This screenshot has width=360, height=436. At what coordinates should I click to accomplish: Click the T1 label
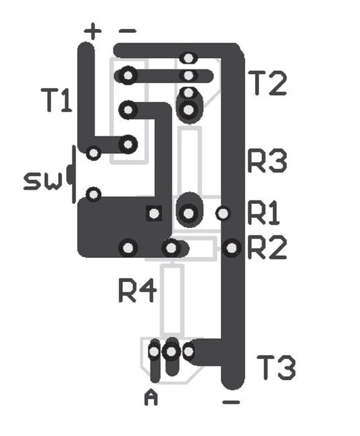point(57,100)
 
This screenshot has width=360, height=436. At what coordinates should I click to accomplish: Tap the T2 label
point(267,83)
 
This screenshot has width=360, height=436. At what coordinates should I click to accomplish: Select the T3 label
point(276,368)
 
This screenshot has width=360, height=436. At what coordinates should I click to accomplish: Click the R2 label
point(267,247)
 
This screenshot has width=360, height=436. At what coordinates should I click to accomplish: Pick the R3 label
point(267,161)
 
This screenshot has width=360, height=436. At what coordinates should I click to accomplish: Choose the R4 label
point(138,290)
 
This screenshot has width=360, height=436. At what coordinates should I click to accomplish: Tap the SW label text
point(42,181)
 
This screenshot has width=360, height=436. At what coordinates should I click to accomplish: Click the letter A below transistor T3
point(151,397)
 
